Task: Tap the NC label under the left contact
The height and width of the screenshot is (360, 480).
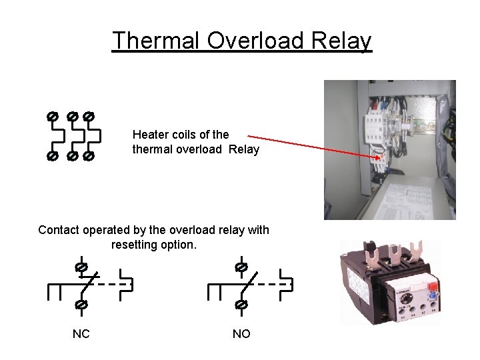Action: [x=81, y=333]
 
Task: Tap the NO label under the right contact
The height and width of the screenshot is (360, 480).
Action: [x=241, y=333]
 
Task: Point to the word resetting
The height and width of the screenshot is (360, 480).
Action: [x=136, y=245]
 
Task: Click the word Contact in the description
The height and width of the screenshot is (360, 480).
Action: [x=58, y=230]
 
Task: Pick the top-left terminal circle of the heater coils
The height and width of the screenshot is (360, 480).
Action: [x=52, y=116]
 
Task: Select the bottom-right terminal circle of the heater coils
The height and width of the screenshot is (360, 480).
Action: [x=89, y=157]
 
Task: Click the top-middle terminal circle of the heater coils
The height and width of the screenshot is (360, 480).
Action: [x=71, y=116]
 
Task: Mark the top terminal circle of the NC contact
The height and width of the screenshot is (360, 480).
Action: [x=81, y=267]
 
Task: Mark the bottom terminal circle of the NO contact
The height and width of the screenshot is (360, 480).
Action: [x=241, y=305]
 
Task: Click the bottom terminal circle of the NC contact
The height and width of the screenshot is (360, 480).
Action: [x=81, y=305]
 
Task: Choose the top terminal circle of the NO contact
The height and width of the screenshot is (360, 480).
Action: [x=241, y=267]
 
